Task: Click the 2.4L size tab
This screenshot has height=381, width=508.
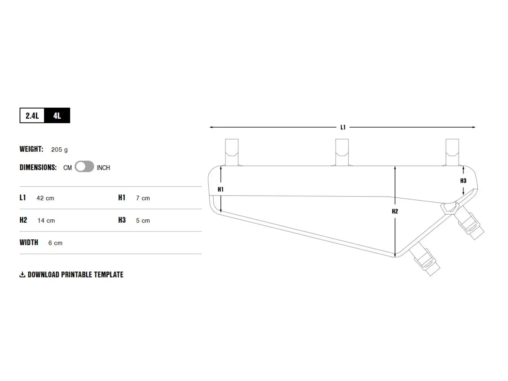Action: coord(32,116)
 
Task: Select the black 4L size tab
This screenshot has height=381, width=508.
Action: coord(57,116)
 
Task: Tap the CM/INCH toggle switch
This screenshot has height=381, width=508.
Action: coord(84,167)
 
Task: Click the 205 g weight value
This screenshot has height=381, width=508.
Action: coord(59,150)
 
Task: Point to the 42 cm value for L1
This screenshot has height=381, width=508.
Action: coord(45,198)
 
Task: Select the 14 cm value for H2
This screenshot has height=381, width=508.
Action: coord(46,220)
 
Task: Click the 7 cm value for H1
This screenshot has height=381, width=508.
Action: coord(143,198)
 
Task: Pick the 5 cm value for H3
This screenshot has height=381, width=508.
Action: coord(143,220)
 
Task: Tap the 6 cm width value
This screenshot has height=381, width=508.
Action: coord(55,243)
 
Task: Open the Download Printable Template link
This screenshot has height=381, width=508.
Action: coord(76,275)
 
